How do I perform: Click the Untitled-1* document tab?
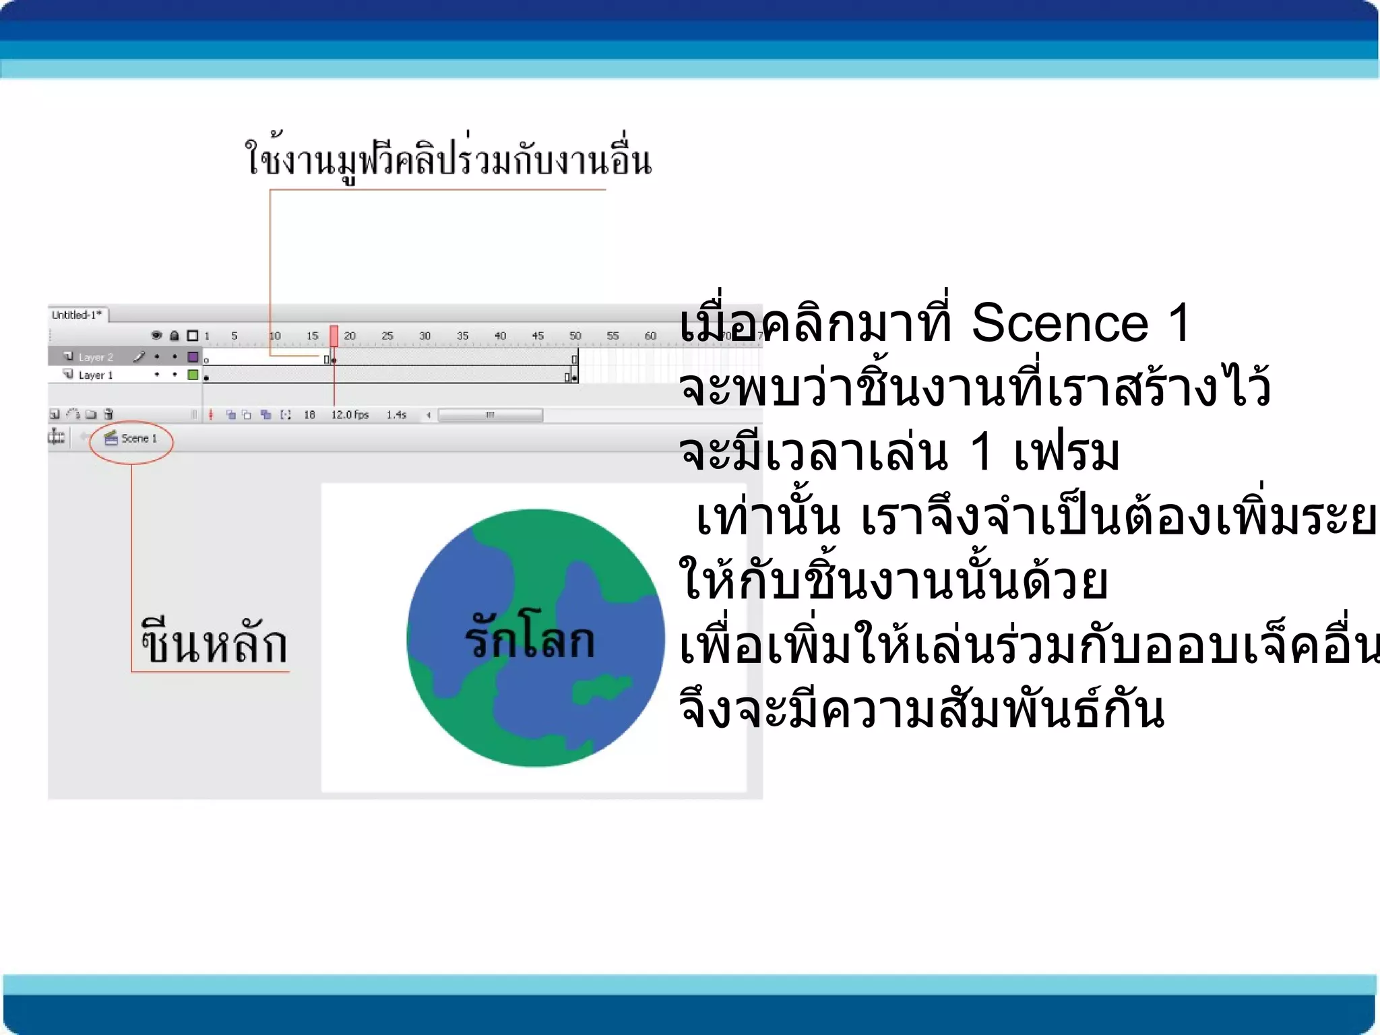click(77, 315)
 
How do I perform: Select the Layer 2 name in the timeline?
click(96, 357)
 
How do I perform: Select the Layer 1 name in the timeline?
click(96, 375)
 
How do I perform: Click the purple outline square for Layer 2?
click(193, 356)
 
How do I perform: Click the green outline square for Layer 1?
click(193, 375)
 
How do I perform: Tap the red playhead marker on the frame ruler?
click(334, 336)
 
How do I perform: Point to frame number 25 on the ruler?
click(387, 336)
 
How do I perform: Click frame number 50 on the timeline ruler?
click(575, 336)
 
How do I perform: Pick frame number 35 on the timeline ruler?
click(462, 336)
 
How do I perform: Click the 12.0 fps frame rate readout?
click(350, 415)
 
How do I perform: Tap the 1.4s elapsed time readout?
click(396, 415)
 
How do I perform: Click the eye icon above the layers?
click(156, 336)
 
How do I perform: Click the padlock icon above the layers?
click(175, 336)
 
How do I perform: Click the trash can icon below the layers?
click(108, 414)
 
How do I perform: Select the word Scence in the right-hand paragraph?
click(1059, 323)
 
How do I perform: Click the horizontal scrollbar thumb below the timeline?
click(491, 415)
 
